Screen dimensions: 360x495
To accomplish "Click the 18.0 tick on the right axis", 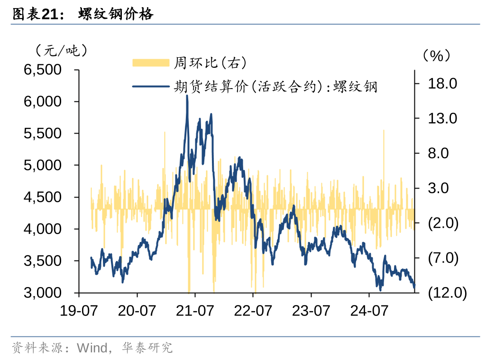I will (x=442, y=84).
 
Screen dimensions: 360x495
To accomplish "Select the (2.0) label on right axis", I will (x=443, y=223).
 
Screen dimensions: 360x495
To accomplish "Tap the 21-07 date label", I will (x=195, y=311).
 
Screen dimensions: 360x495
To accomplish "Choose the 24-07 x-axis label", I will (x=369, y=311).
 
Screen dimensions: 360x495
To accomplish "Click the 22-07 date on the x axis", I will (x=253, y=311).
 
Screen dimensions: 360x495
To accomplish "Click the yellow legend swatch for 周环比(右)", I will (x=150, y=63).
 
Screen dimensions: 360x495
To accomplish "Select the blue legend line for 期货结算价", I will (x=150, y=87).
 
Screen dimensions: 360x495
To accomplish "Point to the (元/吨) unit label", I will (x=61, y=49).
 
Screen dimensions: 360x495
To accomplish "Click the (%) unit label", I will (x=436, y=55).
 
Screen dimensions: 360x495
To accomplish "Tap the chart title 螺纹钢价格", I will (x=116, y=15).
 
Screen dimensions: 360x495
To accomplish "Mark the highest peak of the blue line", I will (x=187, y=96).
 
